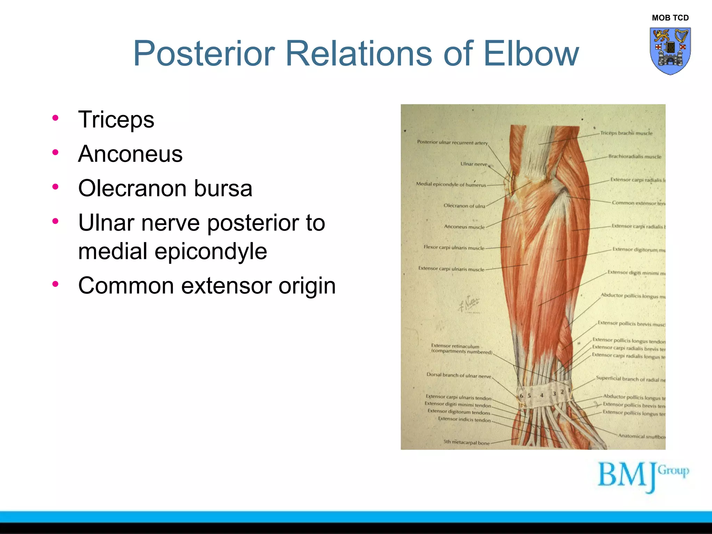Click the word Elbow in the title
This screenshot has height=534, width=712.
click(531, 54)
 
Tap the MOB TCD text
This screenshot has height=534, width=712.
click(670, 18)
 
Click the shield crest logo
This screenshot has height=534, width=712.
click(670, 51)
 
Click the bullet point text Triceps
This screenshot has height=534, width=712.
click(116, 120)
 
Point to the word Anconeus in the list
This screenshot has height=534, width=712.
click(130, 154)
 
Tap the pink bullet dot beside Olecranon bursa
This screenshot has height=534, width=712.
click(55, 187)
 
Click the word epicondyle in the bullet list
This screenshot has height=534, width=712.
click(211, 251)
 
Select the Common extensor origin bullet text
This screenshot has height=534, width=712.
click(207, 286)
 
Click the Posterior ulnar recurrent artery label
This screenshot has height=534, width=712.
click(452, 142)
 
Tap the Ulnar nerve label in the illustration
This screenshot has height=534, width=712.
click(474, 164)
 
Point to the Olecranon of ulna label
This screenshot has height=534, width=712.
click(464, 206)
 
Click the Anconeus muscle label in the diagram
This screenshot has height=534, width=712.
click(464, 227)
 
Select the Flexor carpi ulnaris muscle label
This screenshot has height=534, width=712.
click(454, 248)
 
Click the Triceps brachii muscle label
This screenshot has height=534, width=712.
click(626, 133)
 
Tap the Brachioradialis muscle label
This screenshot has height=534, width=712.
click(634, 156)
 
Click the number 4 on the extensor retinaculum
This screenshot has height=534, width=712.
click(541, 395)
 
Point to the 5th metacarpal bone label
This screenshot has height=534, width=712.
click(466, 443)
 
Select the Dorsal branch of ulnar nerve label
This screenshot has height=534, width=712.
click(459, 375)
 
